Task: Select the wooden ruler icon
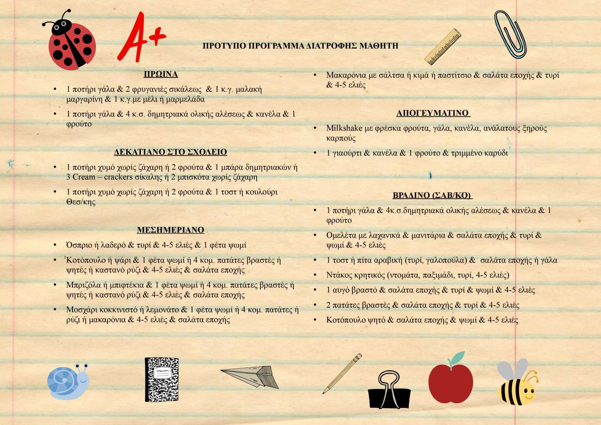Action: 443,47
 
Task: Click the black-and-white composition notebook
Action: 162,379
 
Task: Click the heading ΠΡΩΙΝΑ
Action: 161,74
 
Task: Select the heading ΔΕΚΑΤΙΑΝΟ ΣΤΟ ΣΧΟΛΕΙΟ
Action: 171,152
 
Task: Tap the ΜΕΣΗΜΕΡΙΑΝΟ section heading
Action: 171,230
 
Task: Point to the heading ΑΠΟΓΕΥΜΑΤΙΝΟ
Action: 433,113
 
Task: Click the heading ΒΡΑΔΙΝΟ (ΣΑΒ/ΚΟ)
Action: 432,195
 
